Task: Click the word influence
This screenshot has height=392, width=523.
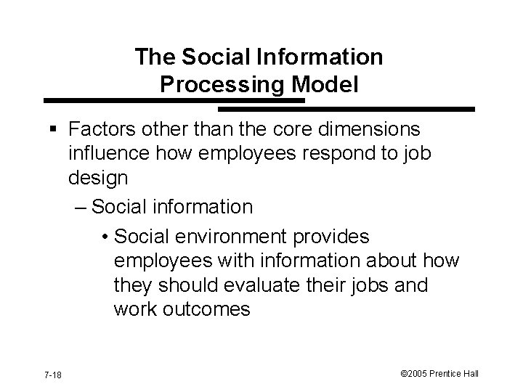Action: tap(105, 155)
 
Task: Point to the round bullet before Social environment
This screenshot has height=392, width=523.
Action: tap(106, 237)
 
